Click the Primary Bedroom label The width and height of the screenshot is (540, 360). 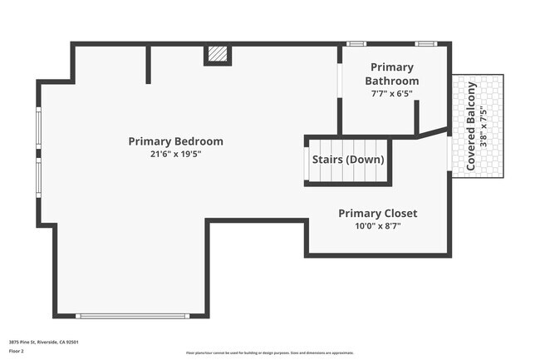pos(175,141)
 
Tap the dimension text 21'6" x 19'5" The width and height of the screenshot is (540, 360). pos(175,155)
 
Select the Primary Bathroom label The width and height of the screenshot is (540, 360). pos(392,73)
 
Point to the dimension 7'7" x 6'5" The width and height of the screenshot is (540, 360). pos(392,94)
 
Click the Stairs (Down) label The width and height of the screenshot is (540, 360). pos(347,159)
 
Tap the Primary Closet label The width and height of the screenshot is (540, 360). pos(377,214)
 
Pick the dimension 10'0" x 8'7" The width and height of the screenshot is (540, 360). pos(377,227)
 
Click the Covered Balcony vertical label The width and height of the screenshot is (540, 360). pos(471,126)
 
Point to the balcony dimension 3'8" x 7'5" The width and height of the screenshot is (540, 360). pos(484,126)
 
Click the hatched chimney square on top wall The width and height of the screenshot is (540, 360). pos(217,54)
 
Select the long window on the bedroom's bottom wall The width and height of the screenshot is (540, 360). pos(133,315)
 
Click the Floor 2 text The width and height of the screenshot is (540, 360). pos(17,352)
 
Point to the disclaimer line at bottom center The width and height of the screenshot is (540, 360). pos(269,353)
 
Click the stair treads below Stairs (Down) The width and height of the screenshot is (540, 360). pos(347,175)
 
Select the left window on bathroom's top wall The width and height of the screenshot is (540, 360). pos(356,43)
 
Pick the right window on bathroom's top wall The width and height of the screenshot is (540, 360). pos(426,43)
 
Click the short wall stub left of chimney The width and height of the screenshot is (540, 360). pos(148,64)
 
